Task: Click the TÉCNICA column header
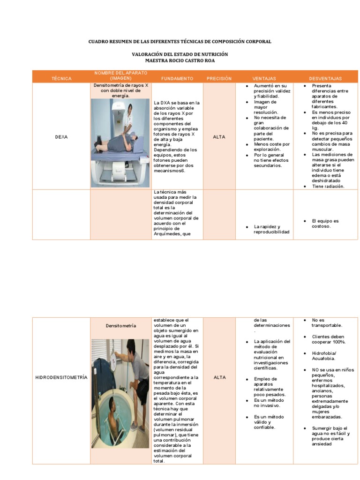coord(61,79)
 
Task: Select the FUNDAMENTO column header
coord(177,79)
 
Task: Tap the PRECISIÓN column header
coord(219,79)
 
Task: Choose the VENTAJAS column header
coord(264,79)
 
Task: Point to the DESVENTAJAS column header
coord(325,79)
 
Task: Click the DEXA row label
coord(61,137)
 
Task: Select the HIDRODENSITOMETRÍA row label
coord(61,377)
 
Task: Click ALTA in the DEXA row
coord(219,137)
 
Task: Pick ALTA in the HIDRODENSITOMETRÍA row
coord(219,377)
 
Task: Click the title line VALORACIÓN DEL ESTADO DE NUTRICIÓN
coord(180,54)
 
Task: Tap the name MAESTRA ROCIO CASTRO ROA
coord(180,60)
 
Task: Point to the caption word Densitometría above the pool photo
coord(121,325)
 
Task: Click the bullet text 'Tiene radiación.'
coord(328,186)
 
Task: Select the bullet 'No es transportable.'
coord(327,322)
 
